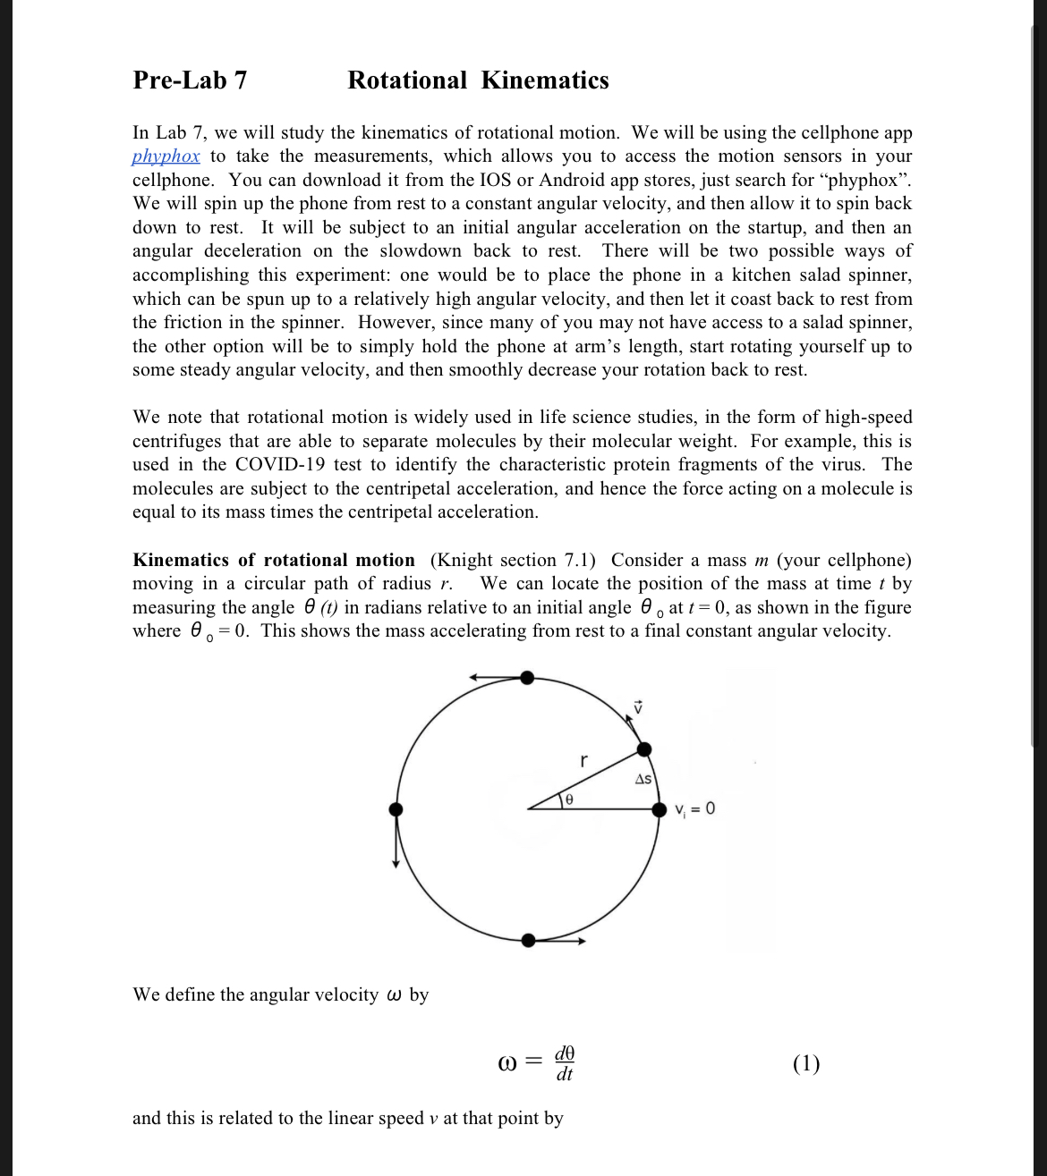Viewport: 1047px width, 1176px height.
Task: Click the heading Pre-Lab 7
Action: click(190, 80)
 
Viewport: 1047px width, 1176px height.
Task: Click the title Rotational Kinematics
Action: click(478, 80)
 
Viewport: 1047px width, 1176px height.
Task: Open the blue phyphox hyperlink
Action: click(166, 157)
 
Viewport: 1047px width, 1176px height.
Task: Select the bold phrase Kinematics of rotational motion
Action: click(273, 561)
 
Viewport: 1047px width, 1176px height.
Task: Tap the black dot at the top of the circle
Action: click(527, 678)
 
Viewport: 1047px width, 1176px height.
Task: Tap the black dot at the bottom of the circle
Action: click(528, 940)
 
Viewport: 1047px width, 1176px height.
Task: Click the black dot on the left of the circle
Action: click(396, 809)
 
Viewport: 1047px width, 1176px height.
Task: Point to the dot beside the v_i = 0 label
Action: click(660, 809)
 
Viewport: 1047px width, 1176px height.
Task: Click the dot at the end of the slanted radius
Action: click(643, 749)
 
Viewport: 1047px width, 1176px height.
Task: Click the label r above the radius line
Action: click(583, 761)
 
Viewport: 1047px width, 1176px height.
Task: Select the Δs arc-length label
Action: click(643, 779)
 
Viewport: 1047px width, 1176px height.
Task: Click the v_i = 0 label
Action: click(695, 809)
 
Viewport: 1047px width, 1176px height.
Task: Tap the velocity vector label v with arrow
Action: click(638, 706)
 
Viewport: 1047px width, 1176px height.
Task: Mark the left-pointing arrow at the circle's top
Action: click(495, 678)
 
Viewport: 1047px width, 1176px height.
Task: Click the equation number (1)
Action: click(805, 1063)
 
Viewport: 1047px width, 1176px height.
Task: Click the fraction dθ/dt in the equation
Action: click(564, 1063)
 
